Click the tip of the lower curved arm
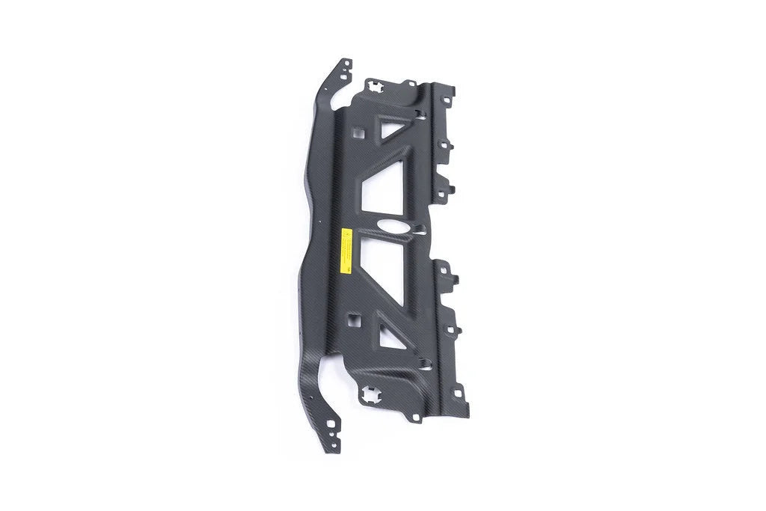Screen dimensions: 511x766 coord(334,447)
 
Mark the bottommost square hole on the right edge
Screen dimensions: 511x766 coord(457,392)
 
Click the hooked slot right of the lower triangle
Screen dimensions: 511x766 coord(424,364)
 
